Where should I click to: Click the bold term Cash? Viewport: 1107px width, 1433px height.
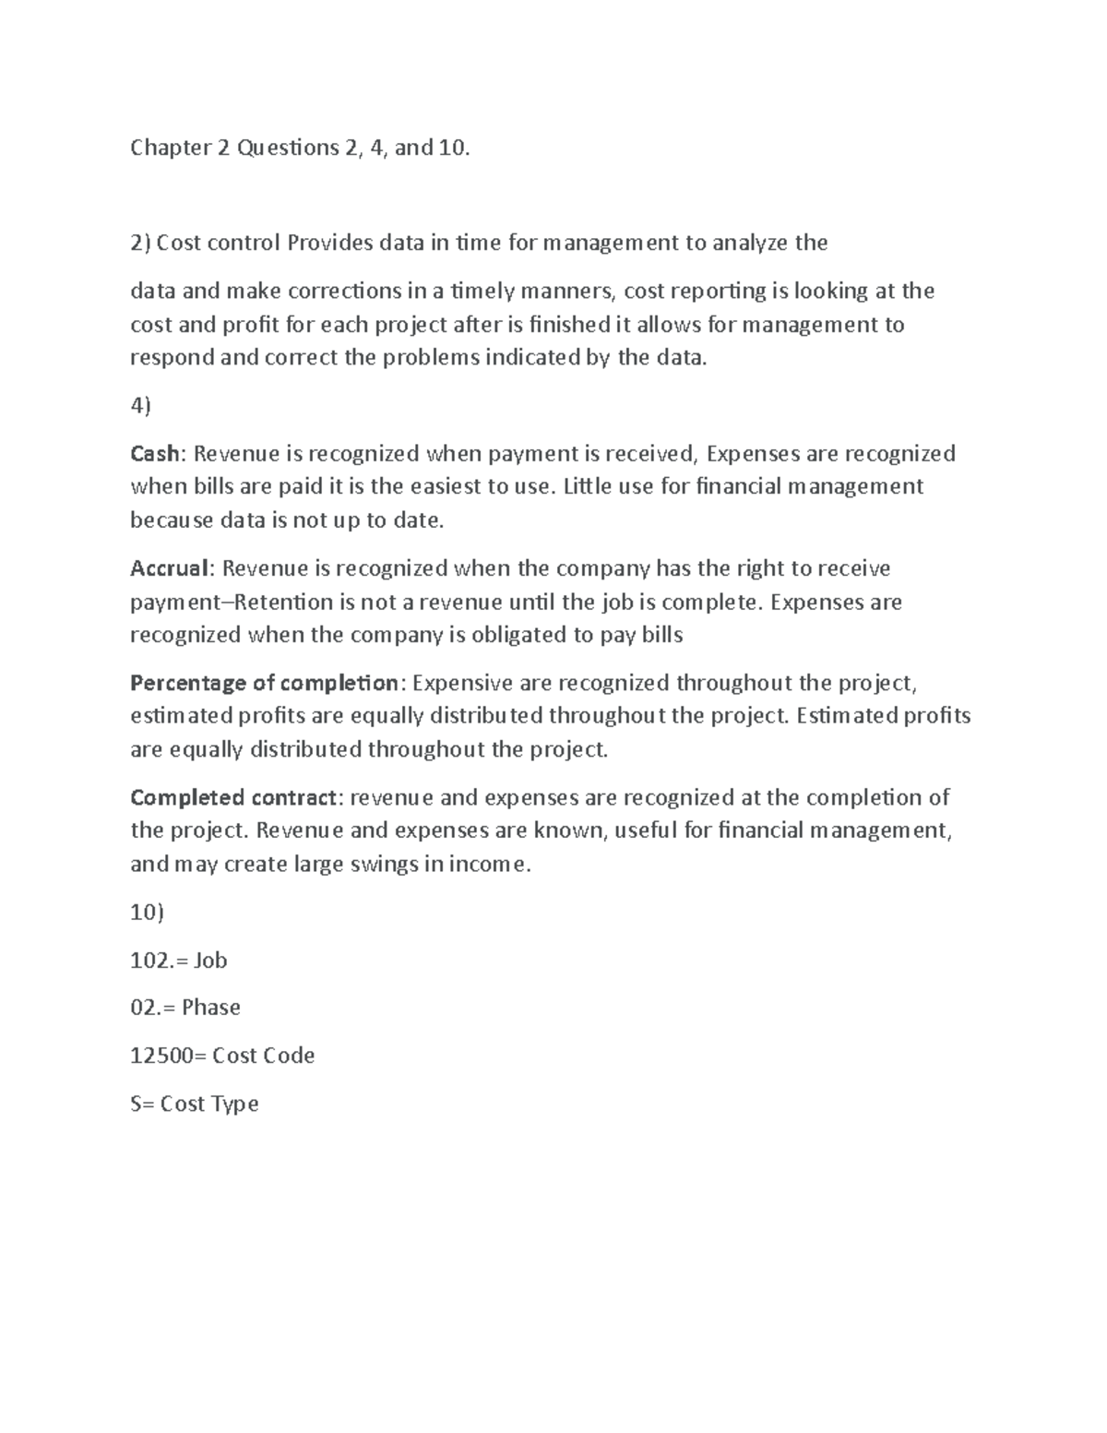tap(157, 454)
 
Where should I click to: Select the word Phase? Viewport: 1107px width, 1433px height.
tap(211, 1008)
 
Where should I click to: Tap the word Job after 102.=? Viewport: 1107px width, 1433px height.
tap(210, 961)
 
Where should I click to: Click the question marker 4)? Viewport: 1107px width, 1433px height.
tap(140, 406)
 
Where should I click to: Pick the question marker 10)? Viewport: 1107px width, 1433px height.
tap(148, 913)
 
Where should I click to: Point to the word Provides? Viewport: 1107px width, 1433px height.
tap(330, 244)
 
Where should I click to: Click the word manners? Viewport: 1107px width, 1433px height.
tap(568, 293)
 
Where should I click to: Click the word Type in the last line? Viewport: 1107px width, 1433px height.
tap(235, 1105)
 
